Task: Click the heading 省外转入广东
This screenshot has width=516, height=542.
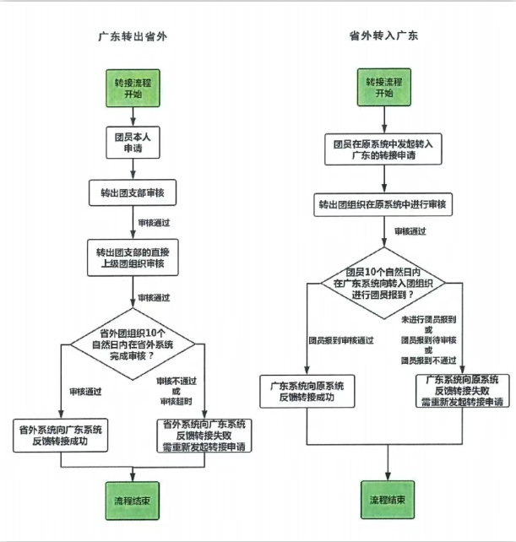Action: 383,37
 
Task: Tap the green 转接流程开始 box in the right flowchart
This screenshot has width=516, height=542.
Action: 383,88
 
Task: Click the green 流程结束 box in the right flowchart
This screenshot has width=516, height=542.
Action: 387,500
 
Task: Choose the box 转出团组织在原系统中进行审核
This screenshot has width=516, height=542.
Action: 383,203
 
